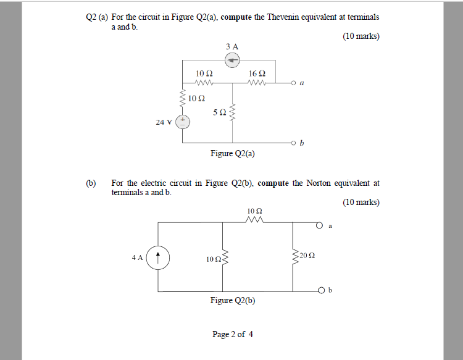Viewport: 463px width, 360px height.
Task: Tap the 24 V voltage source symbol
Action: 183,122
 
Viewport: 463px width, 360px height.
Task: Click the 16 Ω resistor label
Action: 257,73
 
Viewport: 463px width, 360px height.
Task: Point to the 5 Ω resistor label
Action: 219,112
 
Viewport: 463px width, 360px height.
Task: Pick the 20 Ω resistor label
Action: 307,254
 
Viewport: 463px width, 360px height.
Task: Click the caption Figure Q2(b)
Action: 233,301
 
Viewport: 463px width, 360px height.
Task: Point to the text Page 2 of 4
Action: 232,334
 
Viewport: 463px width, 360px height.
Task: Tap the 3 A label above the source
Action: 232,46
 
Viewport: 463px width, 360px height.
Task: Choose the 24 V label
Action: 164,122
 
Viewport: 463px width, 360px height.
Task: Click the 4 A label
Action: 137,257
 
